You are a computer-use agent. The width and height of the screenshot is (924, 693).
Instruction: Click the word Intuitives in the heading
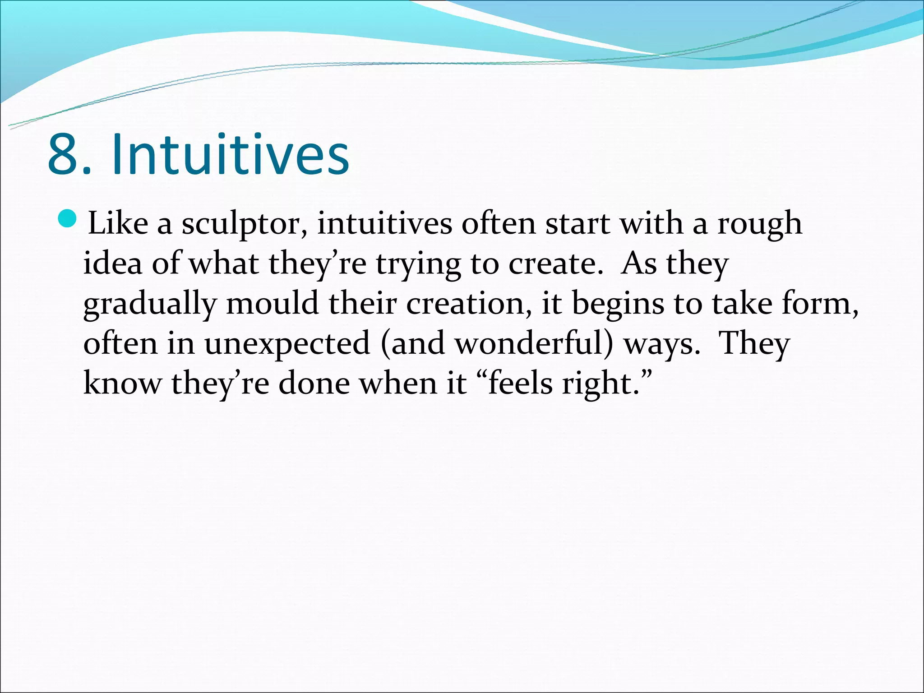[231, 154]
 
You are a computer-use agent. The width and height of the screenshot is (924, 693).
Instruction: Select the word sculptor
[244, 224]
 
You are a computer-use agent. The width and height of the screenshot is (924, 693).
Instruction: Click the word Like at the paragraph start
[118, 223]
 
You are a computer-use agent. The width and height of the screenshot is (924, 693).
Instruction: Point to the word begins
[618, 304]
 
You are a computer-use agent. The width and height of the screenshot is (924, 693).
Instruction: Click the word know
[122, 383]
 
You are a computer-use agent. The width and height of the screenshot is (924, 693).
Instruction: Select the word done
[314, 383]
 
